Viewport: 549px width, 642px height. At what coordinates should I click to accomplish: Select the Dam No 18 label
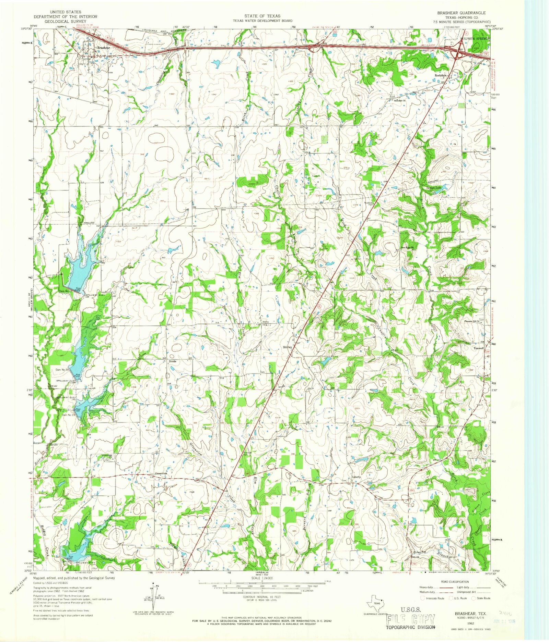pos(63,370)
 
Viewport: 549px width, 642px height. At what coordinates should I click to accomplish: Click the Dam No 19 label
pos(68,415)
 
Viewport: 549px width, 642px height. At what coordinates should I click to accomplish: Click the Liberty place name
pos(357,477)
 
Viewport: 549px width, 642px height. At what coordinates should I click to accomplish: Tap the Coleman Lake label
pos(434,187)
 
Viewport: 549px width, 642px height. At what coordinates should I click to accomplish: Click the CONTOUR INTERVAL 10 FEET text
pos(262,597)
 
